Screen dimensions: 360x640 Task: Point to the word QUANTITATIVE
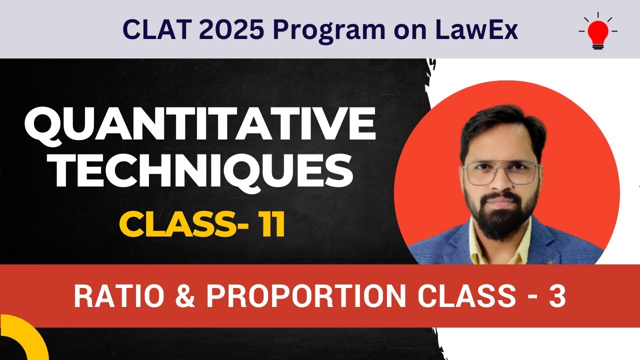[x=200, y=126]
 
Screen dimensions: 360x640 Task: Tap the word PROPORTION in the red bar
[x=306, y=296]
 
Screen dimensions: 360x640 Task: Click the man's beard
[x=501, y=220]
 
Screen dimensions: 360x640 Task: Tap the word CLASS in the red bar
[x=465, y=296]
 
